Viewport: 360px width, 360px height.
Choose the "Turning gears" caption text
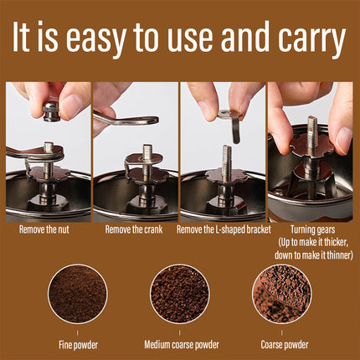click(x=312, y=227)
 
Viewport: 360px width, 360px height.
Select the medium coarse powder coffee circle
click(x=179, y=294)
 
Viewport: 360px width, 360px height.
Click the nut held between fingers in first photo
click(x=51, y=110)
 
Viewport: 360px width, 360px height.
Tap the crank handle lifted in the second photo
click(x=126, y=122)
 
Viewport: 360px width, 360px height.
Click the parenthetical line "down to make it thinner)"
click(x=312, y=254)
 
